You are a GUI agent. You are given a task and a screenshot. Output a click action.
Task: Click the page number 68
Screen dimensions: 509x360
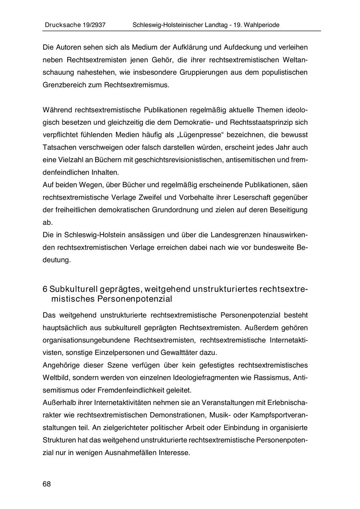pyautogui.click(x=47, y=484)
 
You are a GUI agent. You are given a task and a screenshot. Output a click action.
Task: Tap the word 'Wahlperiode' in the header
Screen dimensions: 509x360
pyautogui.click(x=262, y=25)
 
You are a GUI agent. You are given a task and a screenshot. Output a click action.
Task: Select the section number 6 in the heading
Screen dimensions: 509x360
pyautogui.click(x=45, y=289)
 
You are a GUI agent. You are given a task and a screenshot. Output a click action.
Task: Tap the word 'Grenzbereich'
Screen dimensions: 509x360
pyautogui.click(x=62, y=85)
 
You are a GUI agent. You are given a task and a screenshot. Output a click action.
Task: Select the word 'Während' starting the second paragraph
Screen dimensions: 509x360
pyautogui.click(x=57, y=110)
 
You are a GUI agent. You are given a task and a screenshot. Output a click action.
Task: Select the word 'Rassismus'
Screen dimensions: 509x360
pyautogui.click(x=274, y=377)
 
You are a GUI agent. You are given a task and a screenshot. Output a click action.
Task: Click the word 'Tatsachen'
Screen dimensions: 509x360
pyautogui.click(x=57, y=147)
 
